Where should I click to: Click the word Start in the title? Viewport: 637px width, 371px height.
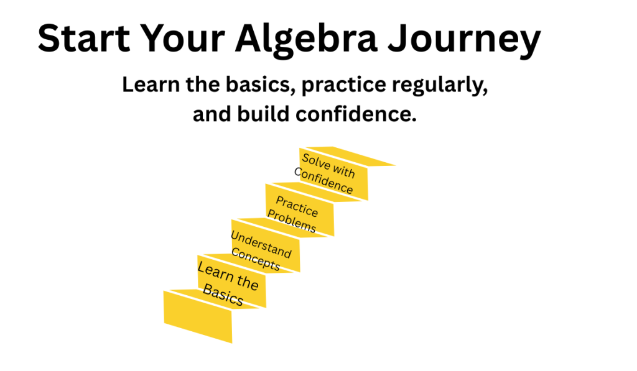coord(84,38)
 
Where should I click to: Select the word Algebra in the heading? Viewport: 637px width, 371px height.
coord(306,40)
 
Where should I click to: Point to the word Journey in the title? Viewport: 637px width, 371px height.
coord(464,40)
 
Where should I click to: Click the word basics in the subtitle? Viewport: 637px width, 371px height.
coord(260,85)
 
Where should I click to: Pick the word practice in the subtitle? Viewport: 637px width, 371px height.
coord(343,86)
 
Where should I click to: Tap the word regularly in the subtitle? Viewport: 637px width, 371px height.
coord(440,86)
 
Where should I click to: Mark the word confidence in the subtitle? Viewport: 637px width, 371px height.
coord(356,114)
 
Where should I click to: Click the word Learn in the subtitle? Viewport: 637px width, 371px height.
coord(151,85)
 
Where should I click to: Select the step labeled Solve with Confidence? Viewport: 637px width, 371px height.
coord(333,174)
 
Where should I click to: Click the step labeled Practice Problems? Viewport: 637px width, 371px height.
coord(299,210)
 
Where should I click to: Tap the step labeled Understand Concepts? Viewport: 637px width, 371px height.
coord(265,245)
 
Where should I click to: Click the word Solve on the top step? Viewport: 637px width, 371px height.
coord(316,162)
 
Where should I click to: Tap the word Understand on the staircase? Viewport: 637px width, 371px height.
coord(261,244)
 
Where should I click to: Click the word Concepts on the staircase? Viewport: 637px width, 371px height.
coord(256,259)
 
